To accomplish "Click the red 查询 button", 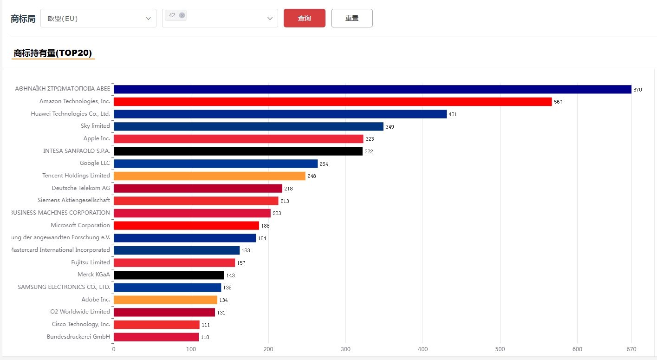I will (x=304, y=18).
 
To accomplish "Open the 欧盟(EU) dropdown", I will (x=98, y=19).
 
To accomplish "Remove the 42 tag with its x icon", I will (x=182, y=15).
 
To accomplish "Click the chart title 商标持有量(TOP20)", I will (x=53, y=53).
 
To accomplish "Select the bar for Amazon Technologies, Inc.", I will (x=332, y=102).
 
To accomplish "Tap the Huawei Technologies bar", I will (x=280, y=114).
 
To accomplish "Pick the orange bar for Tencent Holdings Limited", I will (x=209, y=176).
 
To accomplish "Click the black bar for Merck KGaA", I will (x=169, y=275).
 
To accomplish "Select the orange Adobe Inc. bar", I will (x=165, y=300).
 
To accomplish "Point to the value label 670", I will (x=637, y=90).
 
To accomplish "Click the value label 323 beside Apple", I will (x=370, y=139).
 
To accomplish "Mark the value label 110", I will (x=205, y=337).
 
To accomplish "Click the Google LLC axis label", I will (x=95, y=163).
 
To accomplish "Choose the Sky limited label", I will (x=95, y=126).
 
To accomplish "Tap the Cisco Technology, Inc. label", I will (x=81, y=324).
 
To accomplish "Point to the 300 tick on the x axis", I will (x=345, y=349).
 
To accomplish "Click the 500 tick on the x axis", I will (x=500, y=349).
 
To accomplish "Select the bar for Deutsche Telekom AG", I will (x=198, y=189).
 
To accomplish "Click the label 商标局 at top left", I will (x=23, y=19).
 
